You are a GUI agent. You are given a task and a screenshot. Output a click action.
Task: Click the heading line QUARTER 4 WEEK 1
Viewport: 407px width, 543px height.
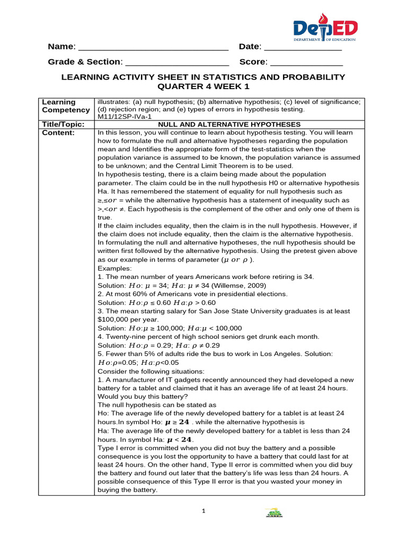[203, 86]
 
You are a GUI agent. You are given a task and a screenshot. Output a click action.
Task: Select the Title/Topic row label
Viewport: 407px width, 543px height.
[63, 124]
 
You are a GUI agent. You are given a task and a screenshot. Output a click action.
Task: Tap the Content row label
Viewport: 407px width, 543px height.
[58, 133]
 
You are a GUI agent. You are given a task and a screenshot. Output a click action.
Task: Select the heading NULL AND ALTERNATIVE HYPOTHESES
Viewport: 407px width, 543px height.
[229, 124]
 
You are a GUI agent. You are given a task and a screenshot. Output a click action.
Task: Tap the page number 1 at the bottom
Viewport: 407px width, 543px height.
[203, 511]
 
